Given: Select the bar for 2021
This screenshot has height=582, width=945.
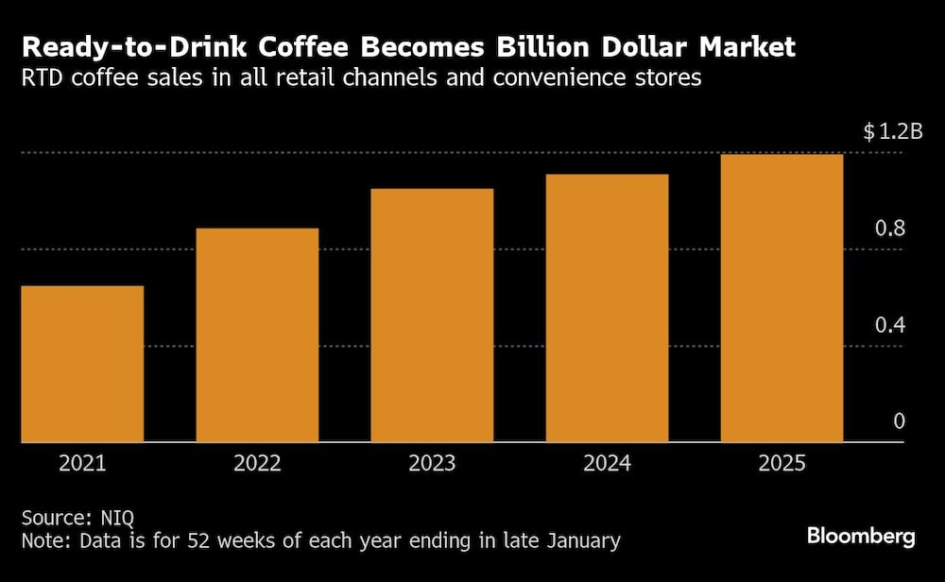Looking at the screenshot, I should click(x=82, y=364).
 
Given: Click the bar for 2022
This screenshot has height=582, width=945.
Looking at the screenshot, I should click(x=257, y=335).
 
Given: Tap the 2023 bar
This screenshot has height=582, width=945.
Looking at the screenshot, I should click(x=432, y=316).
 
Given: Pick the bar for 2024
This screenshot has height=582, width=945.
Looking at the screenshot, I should click(x=607, y=308).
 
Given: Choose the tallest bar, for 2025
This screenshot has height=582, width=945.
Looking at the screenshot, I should click(x=782, y=299).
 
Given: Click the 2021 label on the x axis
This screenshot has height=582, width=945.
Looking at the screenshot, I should click(x=82, y=464).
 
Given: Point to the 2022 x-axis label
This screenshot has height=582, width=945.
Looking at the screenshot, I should click(x=257, y=464).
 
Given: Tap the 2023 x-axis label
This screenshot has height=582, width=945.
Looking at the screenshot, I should click(x=432, y=464).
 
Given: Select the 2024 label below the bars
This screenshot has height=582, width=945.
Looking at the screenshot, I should click(x=607, y=464).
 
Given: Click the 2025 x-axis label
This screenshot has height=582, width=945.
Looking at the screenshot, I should click(x=782, y=464).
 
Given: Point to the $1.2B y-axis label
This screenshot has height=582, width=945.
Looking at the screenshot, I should click(x=892, y=132).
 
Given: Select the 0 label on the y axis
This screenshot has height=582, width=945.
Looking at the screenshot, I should click(x=899, y=421).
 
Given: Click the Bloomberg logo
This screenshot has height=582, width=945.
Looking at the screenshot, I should click(x=861, y=537).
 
